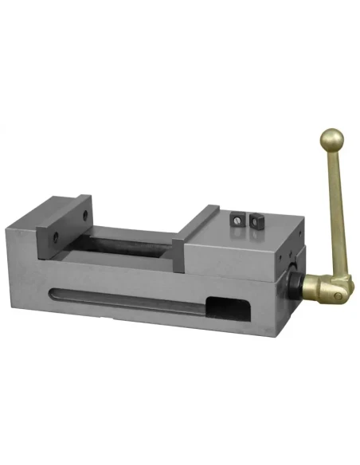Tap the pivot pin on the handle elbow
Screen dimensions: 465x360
338,295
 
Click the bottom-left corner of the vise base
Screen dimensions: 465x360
37,315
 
